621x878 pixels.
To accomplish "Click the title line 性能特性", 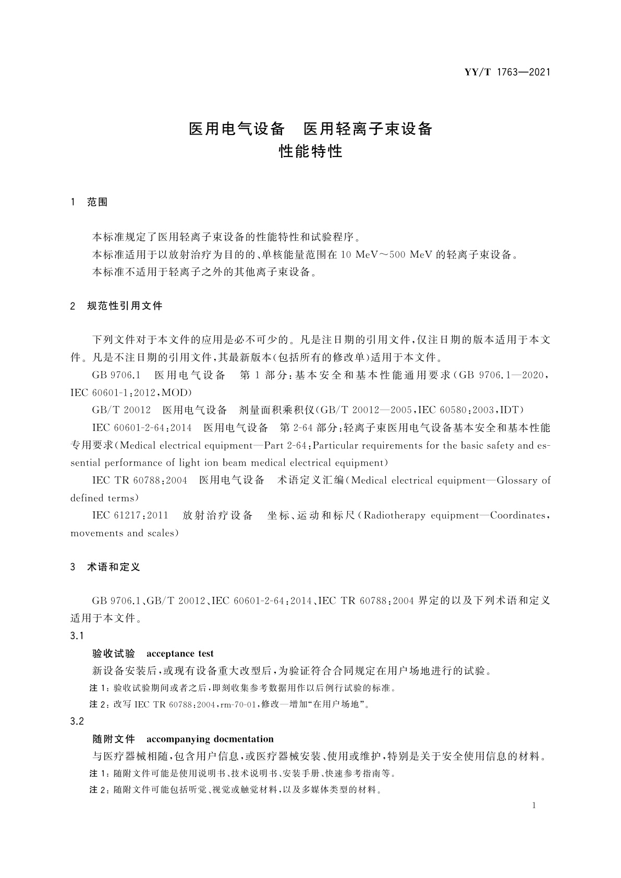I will click(310, 152).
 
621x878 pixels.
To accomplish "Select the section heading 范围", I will click(97, 202).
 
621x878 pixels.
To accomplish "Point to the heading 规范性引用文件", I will click(125, 306).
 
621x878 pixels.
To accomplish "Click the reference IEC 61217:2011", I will click(130, 515).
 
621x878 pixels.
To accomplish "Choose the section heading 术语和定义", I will click(114, 567).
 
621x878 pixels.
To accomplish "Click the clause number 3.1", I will click(77, 636).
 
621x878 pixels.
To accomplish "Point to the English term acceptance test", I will click(180, 653).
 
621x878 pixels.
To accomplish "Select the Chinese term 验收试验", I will click(114, 653).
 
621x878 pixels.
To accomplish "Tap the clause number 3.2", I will click(77, 721).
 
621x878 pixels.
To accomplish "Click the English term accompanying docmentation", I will click(210, 739).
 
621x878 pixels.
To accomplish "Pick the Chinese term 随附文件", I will click(114, 739).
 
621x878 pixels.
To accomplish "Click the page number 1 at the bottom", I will click(534, 806).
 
